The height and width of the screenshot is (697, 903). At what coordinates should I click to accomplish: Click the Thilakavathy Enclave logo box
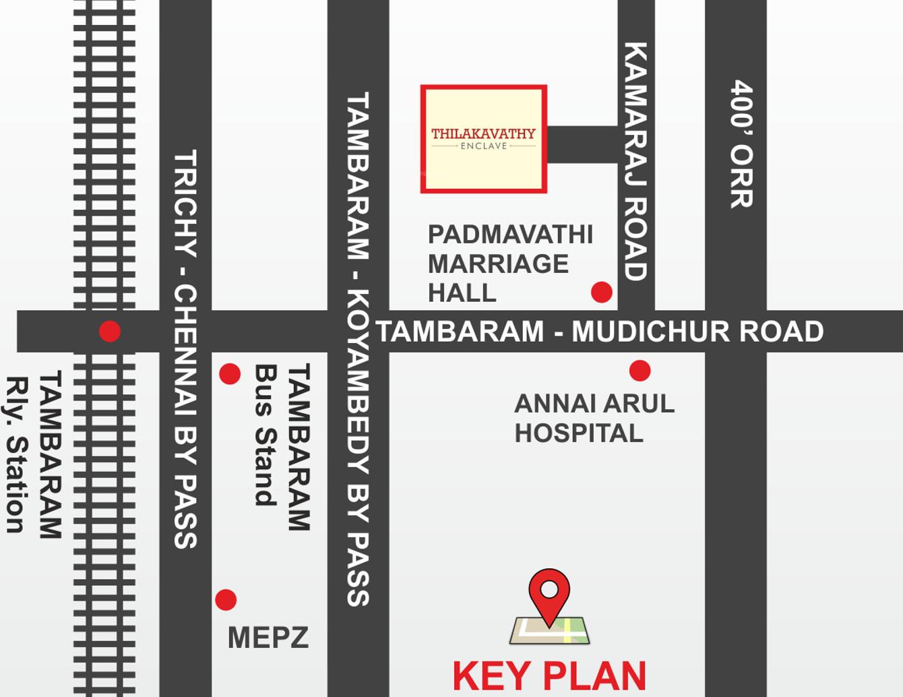click(483, 139)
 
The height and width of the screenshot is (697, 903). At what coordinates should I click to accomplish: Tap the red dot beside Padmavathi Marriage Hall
click(601, 292)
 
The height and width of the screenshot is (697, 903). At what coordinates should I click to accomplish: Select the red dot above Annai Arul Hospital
click(640, 370)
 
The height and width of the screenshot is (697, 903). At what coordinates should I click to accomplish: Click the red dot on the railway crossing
click(109, 331)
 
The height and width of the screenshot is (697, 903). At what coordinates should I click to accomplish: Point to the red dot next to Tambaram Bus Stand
click(230, 373)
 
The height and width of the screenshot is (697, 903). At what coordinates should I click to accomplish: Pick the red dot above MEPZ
click(226, 599)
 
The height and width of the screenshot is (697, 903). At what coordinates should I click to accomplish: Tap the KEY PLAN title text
click(549, 676)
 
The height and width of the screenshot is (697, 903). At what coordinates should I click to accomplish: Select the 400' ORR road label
click(741, 144)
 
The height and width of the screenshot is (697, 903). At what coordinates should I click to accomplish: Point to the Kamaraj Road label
click(635, 162)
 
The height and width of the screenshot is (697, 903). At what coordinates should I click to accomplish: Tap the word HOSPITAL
click(579, 433)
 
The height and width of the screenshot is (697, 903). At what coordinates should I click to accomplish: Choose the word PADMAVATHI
click(510, 235)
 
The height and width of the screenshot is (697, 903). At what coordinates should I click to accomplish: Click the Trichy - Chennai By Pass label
click(185, 348)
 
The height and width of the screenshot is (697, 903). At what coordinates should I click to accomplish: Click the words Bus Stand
click(266, 435)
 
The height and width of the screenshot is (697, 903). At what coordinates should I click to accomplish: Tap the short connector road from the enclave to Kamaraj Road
click(582, 144)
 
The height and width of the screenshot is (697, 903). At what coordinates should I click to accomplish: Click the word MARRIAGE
click(498, 264)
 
